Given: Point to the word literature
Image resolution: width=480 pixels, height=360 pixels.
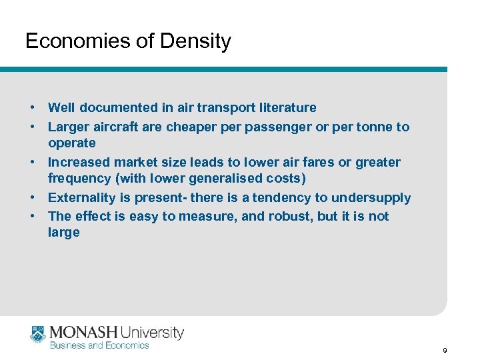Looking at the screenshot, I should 283,107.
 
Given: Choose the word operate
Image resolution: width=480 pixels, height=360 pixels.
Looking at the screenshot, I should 71,143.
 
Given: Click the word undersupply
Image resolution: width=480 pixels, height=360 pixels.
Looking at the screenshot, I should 372,197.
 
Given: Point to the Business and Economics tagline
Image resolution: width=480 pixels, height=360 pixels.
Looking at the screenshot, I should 99,345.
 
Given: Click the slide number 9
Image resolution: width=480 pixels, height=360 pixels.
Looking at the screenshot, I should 444,350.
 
